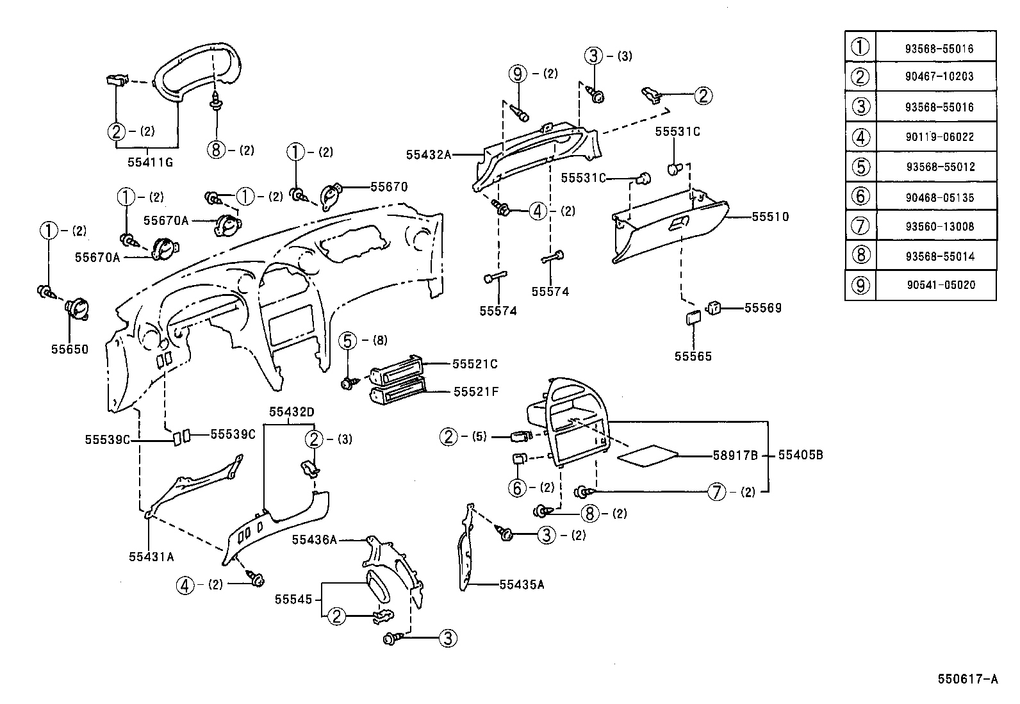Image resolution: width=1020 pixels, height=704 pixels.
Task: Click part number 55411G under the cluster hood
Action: click(150, 162)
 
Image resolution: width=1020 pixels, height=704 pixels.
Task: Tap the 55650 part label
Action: click(70, 349)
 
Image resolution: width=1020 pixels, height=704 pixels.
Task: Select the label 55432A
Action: click(429, 155)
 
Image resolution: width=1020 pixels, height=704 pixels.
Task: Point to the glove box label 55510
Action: click(770, 217)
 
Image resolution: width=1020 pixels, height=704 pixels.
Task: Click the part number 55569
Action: click(762, 308)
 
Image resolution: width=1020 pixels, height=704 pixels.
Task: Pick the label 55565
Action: click(693, 356)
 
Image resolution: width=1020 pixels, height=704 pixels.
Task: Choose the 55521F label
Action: click(476, 391)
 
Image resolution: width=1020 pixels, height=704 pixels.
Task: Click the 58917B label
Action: click(735, 455)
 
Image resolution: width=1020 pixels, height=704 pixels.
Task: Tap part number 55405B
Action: click(800, 455)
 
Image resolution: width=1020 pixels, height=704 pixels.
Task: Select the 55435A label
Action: click(522, 584)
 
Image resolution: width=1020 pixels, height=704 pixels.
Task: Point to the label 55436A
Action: click(314, 539)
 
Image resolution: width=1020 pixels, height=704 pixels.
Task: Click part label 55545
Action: click(293, 600)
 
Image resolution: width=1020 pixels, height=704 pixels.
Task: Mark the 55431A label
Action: click(151, 557)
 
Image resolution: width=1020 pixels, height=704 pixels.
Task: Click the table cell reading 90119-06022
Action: click(939, 136)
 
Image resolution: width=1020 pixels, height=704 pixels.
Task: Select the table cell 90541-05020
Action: click(941, 284)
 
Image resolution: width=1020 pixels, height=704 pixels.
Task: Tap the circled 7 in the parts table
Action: click(860, 225)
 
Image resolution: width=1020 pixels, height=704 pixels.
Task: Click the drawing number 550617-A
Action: click(967, 679)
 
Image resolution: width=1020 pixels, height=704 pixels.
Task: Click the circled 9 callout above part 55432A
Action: click(518, 74)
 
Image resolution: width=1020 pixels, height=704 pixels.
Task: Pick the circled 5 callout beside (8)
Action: click(347, 341)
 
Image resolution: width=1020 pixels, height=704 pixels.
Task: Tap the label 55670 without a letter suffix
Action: click(389, 186)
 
